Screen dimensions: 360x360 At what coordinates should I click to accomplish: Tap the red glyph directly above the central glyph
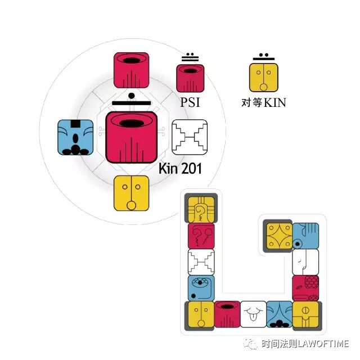[131, 71]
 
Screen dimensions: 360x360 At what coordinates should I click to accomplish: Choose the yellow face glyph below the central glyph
[132, 193]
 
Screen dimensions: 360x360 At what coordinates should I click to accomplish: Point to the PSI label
[190, 103]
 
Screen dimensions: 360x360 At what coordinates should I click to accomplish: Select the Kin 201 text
[180, 168]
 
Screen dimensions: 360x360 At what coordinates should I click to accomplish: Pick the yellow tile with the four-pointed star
[278, 236]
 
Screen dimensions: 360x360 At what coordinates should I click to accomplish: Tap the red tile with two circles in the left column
[201, 236]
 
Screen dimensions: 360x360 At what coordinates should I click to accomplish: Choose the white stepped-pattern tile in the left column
[201, 262]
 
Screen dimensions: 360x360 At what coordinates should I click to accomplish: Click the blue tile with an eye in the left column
[201, 287]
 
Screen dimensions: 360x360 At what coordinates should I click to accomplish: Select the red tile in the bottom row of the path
[227, 314]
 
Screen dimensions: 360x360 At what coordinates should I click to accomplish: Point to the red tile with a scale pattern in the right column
[305, 287]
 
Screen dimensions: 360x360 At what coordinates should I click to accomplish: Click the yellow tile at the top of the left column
[201, 209]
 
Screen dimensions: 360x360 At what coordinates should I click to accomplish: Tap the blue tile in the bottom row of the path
[279, 314]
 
